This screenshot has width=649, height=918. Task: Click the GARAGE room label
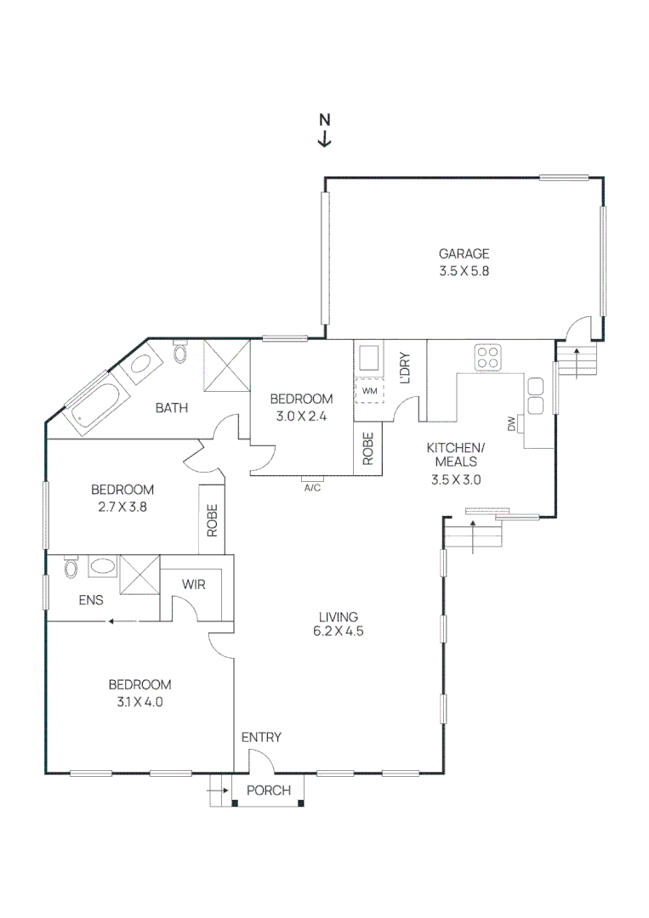(x=464, y=253)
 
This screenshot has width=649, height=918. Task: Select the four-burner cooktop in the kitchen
(x=488, y=357)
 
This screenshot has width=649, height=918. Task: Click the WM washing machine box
(x=369, y=390)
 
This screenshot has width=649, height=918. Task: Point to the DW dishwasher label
(x=512, y=423)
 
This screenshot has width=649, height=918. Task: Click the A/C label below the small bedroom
(x=311, y=488)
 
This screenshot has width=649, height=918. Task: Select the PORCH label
(x=268, y=790)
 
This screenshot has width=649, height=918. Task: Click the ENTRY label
(x=261, y=737)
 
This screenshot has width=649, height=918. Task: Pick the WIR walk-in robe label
(x=195, y=585)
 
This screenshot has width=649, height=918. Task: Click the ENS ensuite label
(x=91, y=600)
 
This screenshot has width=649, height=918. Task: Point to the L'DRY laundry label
(x=405, y=368)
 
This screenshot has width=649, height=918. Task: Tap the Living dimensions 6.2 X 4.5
(x=339, y=632)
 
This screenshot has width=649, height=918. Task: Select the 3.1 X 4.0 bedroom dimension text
(x=139, y=701)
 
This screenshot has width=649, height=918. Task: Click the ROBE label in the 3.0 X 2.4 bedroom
(x=368, y=449)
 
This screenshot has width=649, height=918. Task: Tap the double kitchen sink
(x=536, y=395)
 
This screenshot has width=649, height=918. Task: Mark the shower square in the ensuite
(x=139, y=575)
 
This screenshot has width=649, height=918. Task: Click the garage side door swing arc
(x=580, y=326)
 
